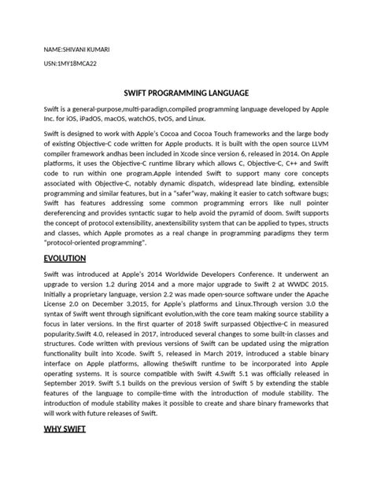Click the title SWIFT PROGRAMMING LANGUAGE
[186, 91]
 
